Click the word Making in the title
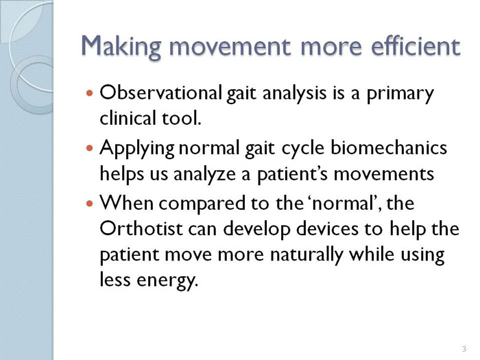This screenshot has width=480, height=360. [121, 47]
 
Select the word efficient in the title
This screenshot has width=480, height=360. [416, 45]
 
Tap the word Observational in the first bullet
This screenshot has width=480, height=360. [160, 93]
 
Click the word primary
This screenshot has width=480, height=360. [400, 95]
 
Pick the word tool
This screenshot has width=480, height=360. [181, 118]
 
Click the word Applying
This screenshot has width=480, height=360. [137, 149]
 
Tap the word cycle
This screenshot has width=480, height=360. [302, 149]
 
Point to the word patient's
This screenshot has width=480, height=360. [293, 175]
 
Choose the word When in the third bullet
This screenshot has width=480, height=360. [126, 203]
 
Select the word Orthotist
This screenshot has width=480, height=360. [141, 228]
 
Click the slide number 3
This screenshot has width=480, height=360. [464, 348]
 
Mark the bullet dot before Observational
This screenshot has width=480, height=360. [89, 93]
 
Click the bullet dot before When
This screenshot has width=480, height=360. [89, 203]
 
